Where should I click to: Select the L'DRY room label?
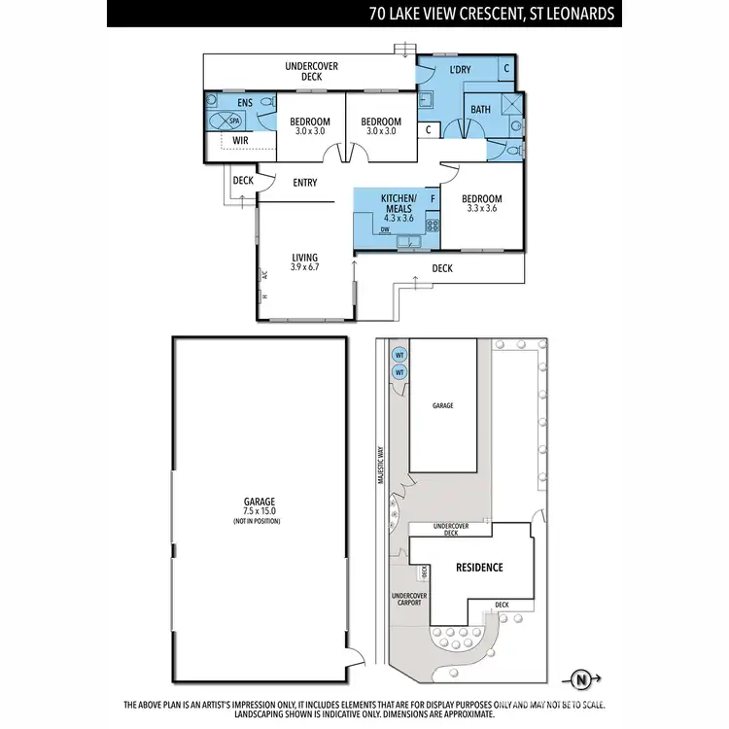(461, 71)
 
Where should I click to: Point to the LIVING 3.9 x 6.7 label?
(305, 261)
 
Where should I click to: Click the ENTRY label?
(305, 182)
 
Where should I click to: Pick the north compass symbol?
(581, 679)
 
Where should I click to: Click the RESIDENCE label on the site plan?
(479, 568)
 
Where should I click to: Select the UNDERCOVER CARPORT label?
(406, 599)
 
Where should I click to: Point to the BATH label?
(480, 110)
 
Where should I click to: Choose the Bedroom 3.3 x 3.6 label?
(480, 201)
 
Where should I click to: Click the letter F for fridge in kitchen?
(433, 199)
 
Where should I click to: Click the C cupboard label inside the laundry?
(507, 68)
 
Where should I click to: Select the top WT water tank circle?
(399, 356)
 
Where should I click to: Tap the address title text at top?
(490, 14)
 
